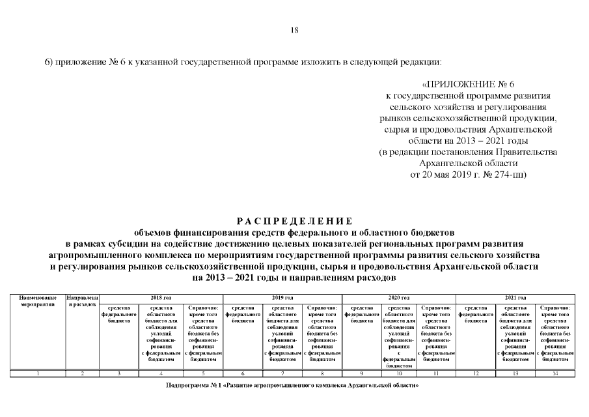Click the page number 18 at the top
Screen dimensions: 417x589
[x=294, y=31]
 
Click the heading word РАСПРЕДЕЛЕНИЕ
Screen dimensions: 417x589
[x=294, y=221]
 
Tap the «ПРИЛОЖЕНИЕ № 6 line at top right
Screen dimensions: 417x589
[x=469, y=85]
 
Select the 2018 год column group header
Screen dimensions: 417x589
[x=161, y=297]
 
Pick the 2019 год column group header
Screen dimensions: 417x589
[x=282, y=297]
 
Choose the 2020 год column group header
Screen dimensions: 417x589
[x=401, y=297]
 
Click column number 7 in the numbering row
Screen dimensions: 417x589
[x=282, y=373]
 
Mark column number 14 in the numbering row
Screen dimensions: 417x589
[x=555, y=373]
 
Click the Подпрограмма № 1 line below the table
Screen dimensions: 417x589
[x=292, y=386]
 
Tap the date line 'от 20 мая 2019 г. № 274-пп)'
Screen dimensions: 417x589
[x=468, y=175]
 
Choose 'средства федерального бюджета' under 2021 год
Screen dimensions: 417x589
[x=476, y=314]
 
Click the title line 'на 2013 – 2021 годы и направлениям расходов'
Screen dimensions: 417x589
[x=294, y=277]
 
